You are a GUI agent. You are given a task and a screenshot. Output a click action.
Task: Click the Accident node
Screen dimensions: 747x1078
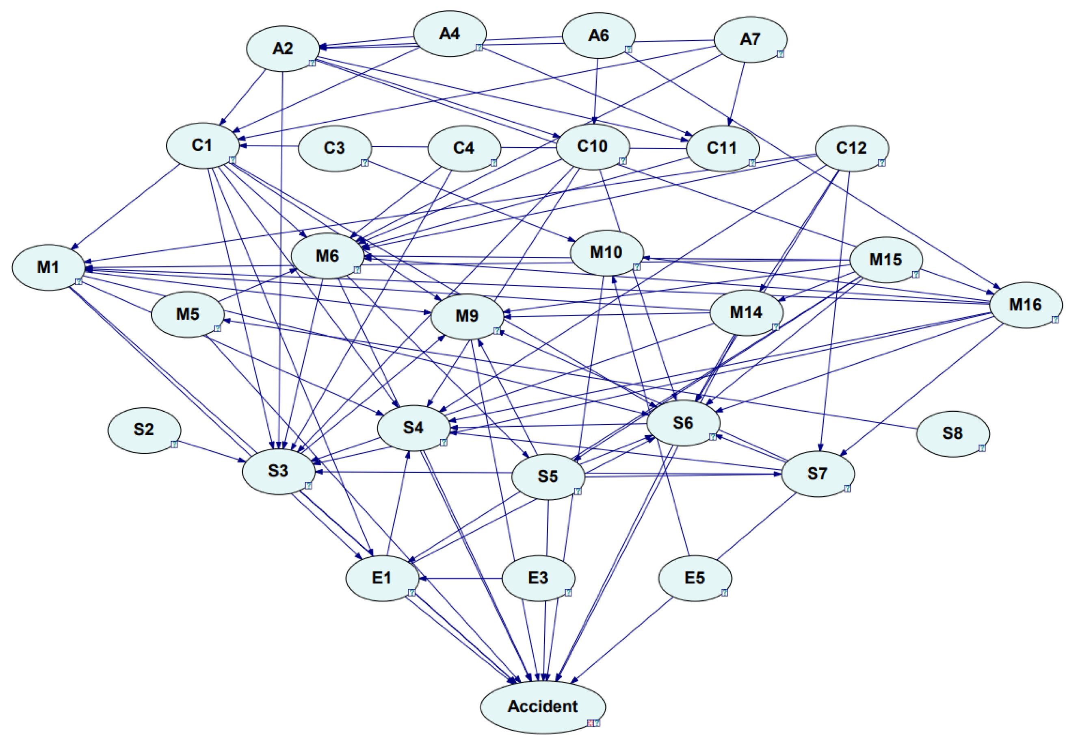point(543,706)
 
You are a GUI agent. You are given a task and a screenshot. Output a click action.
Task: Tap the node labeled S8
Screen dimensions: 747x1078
point(952,433)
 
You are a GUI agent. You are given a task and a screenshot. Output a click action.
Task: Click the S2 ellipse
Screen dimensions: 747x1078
point(144,430)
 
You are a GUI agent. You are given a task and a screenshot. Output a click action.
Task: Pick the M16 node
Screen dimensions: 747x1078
point(1025,305)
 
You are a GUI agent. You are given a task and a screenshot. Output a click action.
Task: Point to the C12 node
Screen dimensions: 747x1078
point(851,148)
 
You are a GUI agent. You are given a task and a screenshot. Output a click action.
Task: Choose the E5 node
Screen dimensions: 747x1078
point(694,578)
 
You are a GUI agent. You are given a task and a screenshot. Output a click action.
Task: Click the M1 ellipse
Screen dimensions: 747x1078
point(48,267)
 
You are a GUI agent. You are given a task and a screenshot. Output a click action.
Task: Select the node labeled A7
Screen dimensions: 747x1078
point(750,39)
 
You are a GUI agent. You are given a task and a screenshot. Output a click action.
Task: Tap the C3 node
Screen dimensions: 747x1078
point(334,148)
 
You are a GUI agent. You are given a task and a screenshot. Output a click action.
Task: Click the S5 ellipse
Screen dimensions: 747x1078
point(548,476)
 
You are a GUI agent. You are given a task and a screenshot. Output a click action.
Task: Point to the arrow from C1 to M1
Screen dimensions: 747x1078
point(126,206)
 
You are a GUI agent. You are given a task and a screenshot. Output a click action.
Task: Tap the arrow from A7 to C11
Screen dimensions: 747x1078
point(736,93)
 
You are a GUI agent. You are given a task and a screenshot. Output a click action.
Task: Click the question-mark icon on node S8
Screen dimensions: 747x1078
point(982,448)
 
